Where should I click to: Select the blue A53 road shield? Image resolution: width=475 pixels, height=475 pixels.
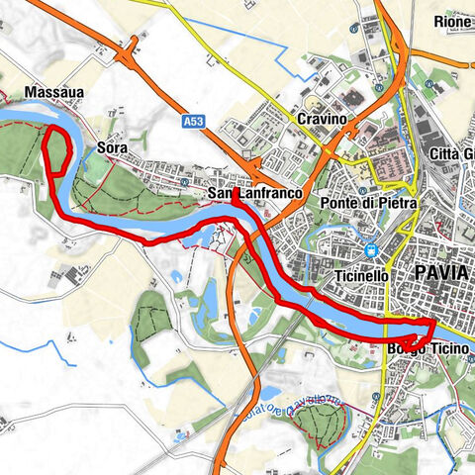pyautogui.click(x=193, y=121)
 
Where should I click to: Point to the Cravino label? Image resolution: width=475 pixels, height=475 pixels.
pyautogui.click(x=320, y=119)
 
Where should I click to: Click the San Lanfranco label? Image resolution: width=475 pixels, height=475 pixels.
pyautogui.click(x=254, y=194)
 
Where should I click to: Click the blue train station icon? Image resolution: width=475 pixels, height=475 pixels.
pyautogui.click(x=371, y=250)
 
